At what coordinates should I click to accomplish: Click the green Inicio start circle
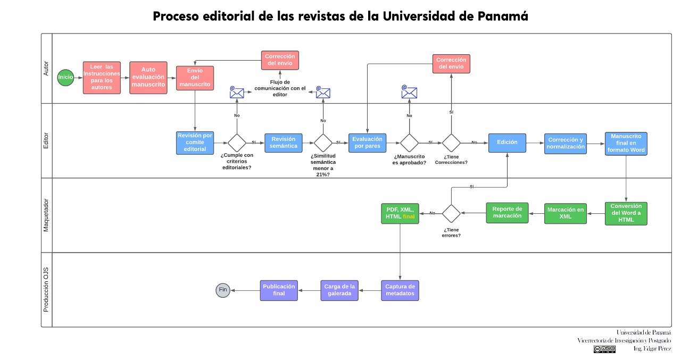click(x=65, y=77)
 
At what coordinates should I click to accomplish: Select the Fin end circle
click(x=223, y=290)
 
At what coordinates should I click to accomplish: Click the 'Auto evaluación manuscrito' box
click(x=148, y=77)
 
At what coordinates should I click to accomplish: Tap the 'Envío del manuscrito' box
click(x=195, y=78)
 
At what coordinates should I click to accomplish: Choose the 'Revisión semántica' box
click(x=283, y=143)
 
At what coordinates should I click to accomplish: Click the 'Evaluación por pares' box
click(x=368, y=143)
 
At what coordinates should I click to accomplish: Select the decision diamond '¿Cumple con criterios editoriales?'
click(x=237, y=143)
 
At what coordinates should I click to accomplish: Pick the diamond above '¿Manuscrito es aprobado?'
click(x=409, y=143)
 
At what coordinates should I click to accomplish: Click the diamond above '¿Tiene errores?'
click(x=451, y=213)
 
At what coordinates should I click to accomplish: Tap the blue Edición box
click(x=507, y=143)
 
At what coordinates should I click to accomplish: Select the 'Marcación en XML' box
click(x=565, y=213)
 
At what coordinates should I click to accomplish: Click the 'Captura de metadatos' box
click(x=400, y=290)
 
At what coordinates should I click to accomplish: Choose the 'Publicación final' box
click(x=278, y=290)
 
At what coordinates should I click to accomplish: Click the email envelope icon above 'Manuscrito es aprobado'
click(x=409, y=93)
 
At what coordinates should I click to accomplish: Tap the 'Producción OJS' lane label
click(x=46, y=290)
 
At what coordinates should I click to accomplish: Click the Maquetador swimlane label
click(x=46, y=215)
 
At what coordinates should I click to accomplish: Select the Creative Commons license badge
click(x=604, y=349)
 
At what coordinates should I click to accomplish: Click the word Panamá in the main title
click(x=502, y=16)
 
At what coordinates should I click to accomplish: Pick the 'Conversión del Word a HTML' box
click(x=626, y=213)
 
